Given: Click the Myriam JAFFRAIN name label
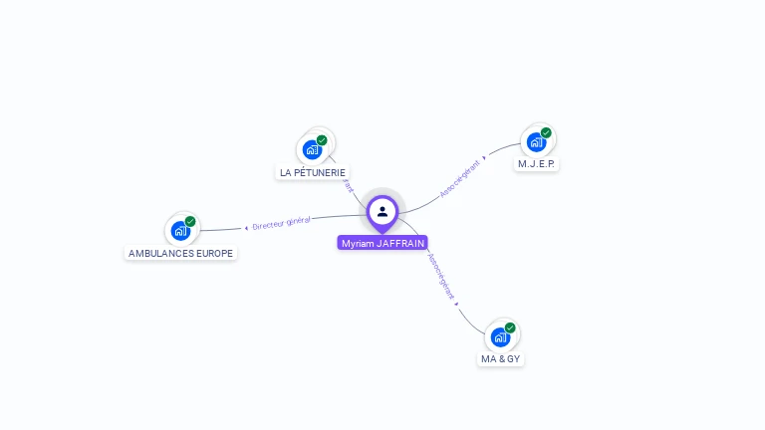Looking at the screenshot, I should point(382,243).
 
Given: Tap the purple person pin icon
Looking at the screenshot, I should point(382,211).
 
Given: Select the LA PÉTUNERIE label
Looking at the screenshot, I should point(313,172).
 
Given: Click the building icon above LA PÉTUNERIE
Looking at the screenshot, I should point(312,150).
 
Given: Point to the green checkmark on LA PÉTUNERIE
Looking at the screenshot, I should point(322,140).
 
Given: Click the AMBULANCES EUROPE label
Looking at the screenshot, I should point(180,253).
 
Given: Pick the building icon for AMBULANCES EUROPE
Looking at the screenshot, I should point(180,231).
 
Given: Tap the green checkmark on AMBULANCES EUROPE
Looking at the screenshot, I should point(190,221).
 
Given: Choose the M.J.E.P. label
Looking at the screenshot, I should point(536,163).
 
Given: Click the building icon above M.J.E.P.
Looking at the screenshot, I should point(536,141).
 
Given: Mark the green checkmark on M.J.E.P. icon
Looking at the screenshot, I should point(546,132).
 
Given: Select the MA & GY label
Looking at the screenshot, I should point(500,358).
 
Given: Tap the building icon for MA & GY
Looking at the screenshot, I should point(500,336).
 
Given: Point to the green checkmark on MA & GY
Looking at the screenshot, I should point(510,327).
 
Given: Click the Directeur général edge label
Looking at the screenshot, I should point(281,223).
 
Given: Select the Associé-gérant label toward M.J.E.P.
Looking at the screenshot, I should point(460,177).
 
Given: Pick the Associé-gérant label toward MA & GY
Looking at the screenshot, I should point(441,276).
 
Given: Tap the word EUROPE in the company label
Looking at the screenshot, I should point(213,253).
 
